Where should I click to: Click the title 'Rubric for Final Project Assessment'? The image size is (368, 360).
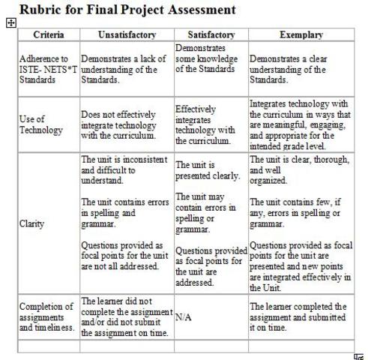127,10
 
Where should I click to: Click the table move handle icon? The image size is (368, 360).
11,23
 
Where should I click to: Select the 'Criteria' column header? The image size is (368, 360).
48,35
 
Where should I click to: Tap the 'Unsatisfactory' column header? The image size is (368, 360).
127,35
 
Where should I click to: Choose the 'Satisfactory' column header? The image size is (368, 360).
211,35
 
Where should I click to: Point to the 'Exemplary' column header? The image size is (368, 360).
301,35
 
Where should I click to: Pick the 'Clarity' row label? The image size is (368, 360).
32,223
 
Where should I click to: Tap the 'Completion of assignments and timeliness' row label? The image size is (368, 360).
46,316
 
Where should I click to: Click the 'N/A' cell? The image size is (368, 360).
184,317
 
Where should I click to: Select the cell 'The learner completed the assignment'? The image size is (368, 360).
298,317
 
